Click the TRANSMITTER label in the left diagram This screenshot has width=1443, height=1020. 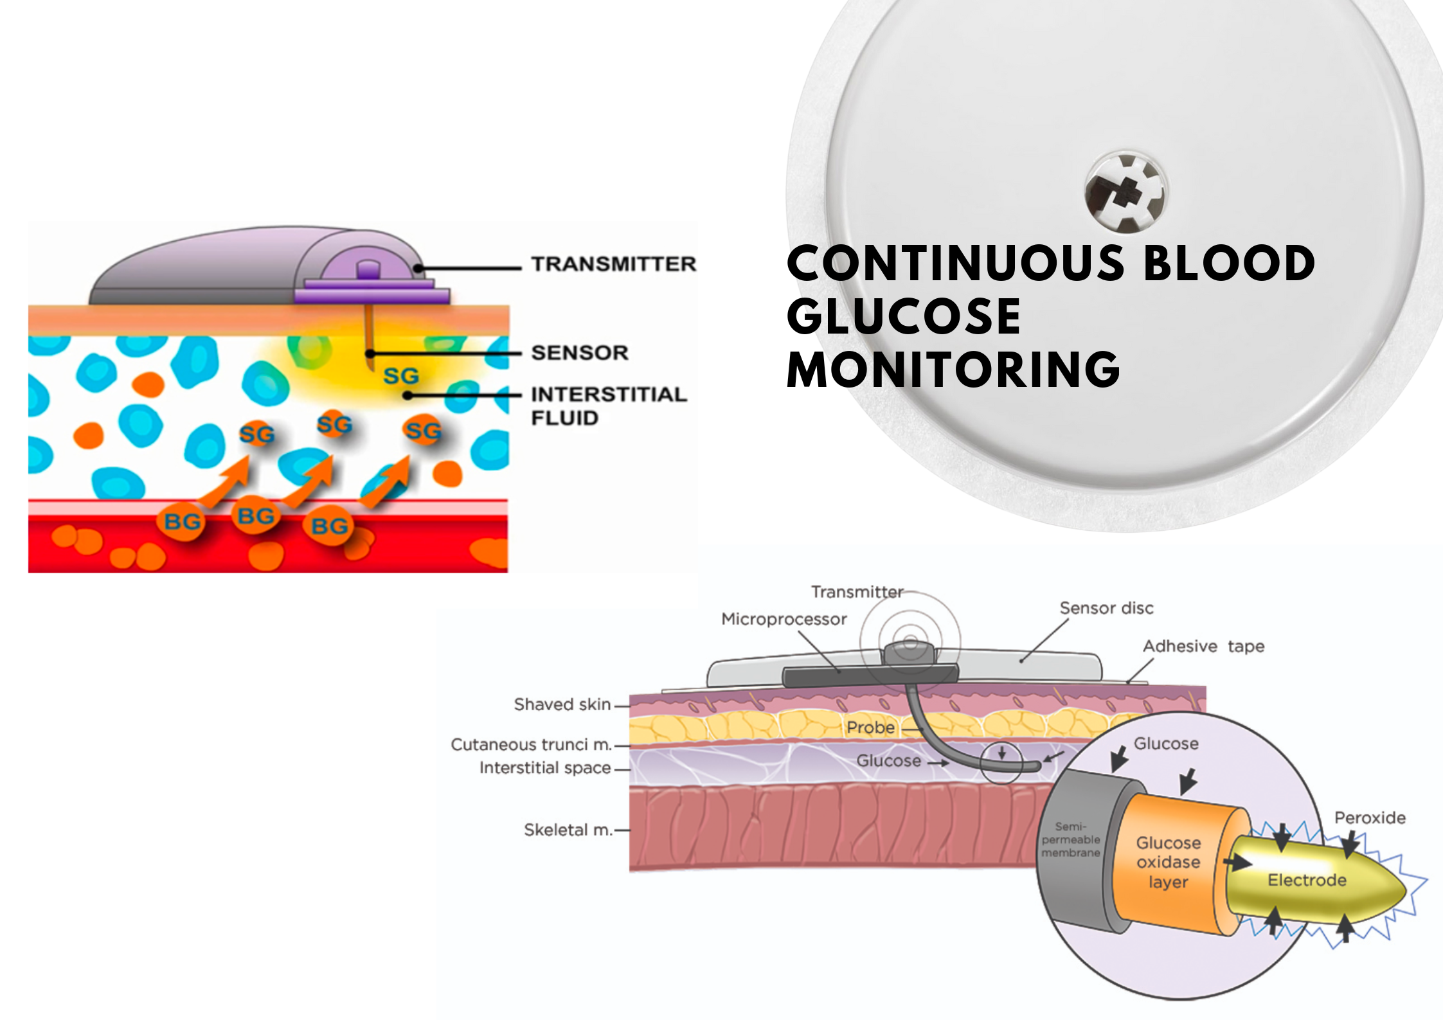[x=613, y=264]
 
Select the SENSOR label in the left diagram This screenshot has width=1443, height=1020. [x=580, y=353]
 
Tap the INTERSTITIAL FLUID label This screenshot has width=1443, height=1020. [x=608, y=406]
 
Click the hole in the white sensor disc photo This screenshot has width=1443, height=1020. [x=1125, y=192]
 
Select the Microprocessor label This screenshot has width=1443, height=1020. [x=784, y=619]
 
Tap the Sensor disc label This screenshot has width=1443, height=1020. [x=1106, y=608]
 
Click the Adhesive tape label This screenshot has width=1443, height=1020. [x=1203, y=646]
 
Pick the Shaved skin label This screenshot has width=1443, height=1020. [x=562, y=704]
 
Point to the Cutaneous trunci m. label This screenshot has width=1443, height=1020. [x=531, y=744]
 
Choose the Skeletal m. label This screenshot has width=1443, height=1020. [x=568, y=830]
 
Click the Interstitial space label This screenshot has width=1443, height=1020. [x=545, y=767]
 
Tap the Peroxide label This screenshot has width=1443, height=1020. [x=1370, y=818]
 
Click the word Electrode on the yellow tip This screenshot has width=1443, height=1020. [x=1307, y=880]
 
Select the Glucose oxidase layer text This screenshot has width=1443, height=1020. [x=1169, y=862]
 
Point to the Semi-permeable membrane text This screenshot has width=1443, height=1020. [x=1071, y=839]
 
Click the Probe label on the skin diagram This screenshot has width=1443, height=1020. [x=870, y=728]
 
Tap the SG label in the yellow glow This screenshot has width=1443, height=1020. [x=401, y=376]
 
